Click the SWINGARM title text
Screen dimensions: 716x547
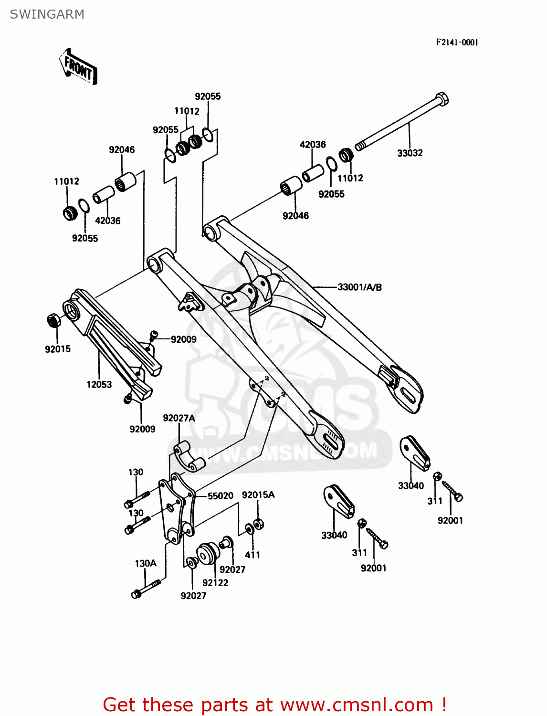tap(47, 14)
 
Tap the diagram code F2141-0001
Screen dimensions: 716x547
tap(456, 42)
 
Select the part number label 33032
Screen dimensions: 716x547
tap(410, 153)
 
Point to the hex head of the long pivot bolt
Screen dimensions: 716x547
tap(442, 99)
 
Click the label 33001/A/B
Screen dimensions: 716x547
tap(359, 287)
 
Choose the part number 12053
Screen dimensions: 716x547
tap(99, 384)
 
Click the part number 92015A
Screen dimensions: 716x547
tap(258, 495)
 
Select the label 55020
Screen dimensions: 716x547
tap(220, 496)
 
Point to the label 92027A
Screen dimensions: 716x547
tap(179, 418)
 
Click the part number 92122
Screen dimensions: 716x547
tap(215, 583)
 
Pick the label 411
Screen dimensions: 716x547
tap(252, 555)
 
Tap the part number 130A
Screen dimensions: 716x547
tap(146, 563)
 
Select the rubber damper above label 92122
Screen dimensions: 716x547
tap(208, 554)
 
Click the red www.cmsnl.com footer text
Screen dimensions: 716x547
tap(274, 705)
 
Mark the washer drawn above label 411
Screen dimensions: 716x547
tap(250, 529)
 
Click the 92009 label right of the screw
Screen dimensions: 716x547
tap(183, 339)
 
